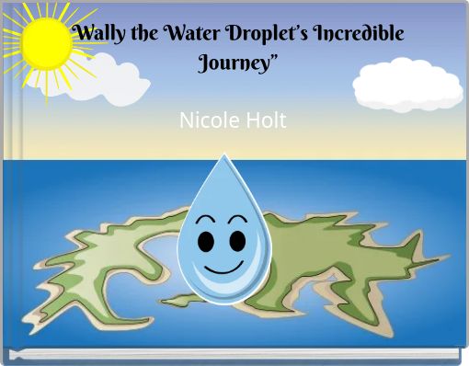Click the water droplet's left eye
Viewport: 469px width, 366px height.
207,242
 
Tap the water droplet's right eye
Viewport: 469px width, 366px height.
237,242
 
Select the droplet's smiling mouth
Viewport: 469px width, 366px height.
222,270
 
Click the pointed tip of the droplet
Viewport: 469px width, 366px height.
223,156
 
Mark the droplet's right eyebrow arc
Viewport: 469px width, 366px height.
237,220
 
